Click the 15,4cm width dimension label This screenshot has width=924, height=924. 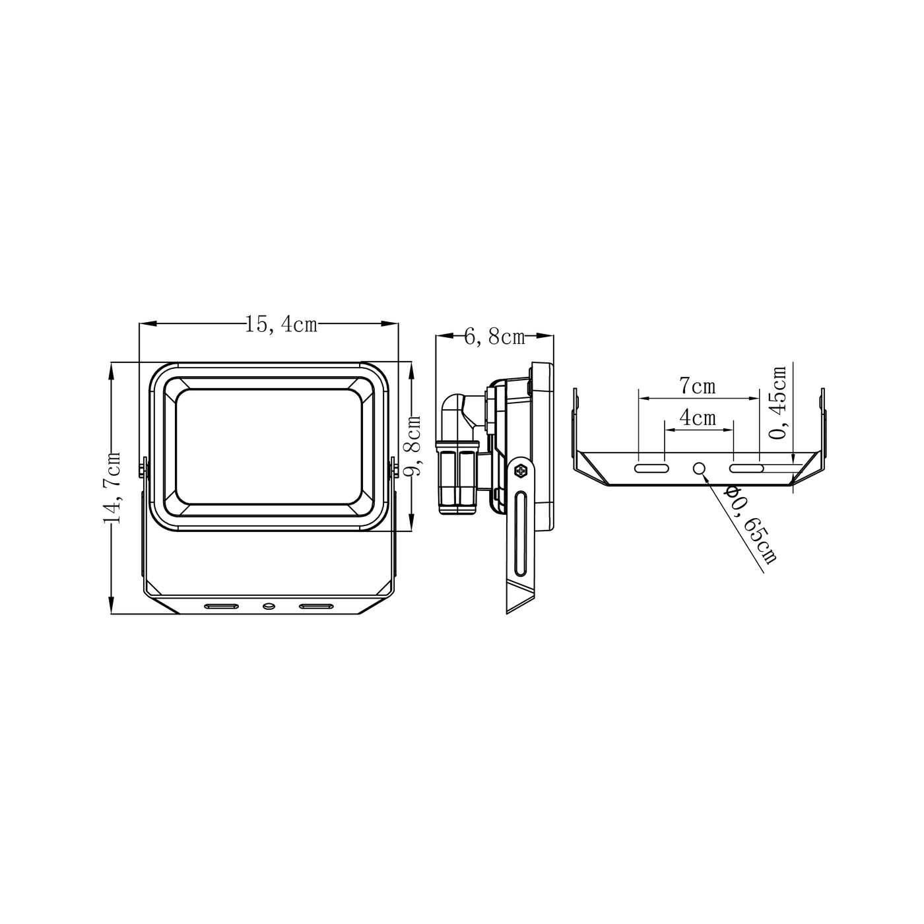pos(281,325)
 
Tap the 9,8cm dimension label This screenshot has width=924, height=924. pos(412,445)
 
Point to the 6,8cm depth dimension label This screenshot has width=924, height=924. pos(494,337)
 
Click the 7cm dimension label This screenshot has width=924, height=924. pos(698,386)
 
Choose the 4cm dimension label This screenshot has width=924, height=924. pos(698,418)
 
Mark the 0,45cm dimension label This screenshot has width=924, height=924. pos(777,403)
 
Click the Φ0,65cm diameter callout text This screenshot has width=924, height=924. pos(750,525)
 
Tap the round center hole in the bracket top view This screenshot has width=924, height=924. pos(700,468)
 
